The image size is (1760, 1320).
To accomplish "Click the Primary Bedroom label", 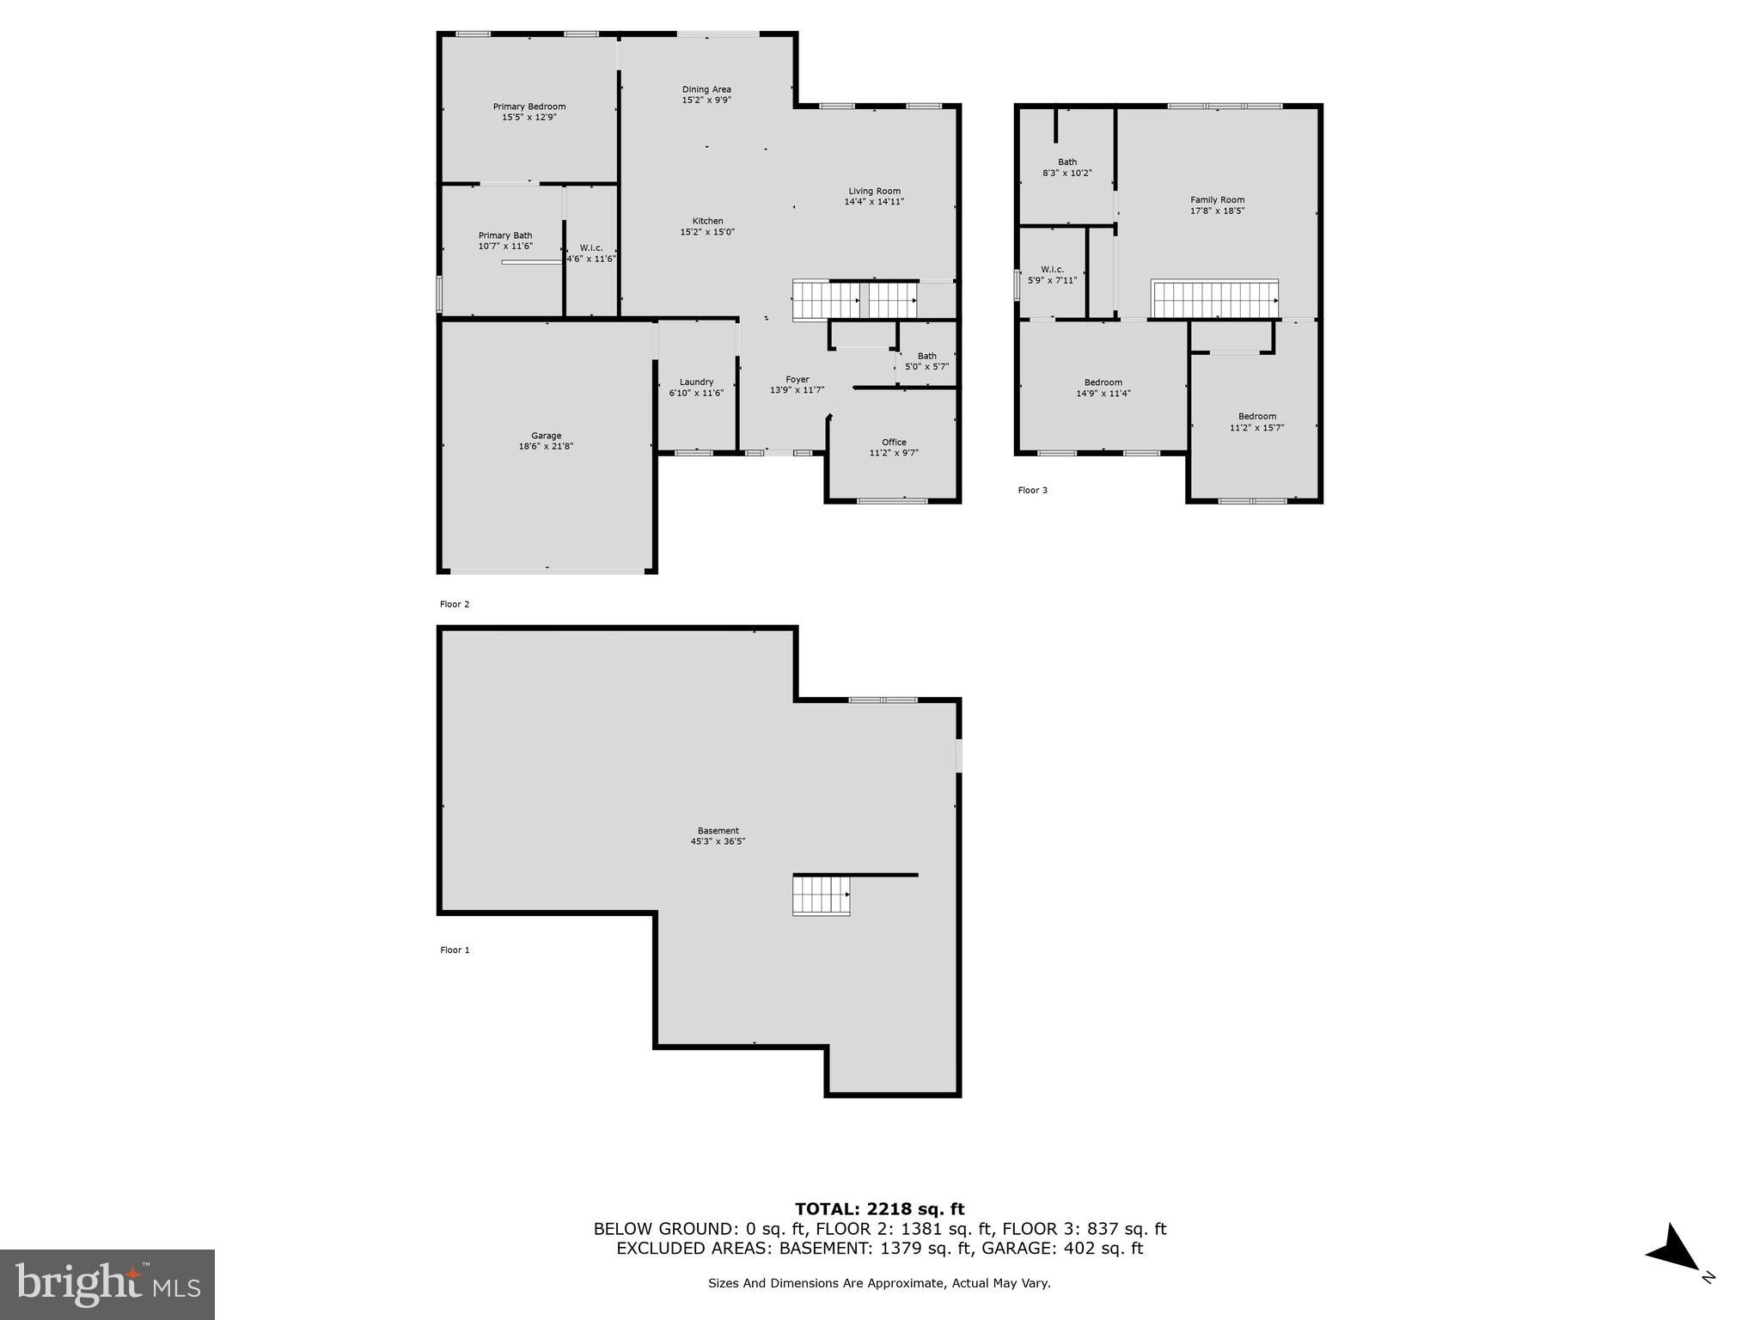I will [x=529, y=107].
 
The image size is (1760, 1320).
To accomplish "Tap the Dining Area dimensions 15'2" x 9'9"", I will [x=706, y=101].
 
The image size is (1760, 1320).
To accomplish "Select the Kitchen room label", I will [x=707, y=221].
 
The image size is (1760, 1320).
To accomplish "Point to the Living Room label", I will [x=874, y=191].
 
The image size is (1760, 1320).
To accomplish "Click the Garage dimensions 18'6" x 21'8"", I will [x=546, y=447].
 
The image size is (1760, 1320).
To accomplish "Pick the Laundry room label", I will [x=696, y=382].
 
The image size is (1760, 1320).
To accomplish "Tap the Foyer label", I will [x=797, y=379].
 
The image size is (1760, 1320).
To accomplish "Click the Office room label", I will [x=894, y=442].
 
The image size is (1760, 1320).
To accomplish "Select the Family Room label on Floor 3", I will [x=1217, y=199].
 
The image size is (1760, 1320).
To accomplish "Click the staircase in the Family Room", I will [x=1214, y=300].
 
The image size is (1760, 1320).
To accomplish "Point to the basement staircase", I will [x=821, y=895].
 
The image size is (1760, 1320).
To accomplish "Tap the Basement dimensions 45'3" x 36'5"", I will [x=718, y=842].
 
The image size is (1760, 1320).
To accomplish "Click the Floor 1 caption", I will [x=455, y=950].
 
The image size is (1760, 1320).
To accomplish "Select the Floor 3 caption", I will [x=1032, y=490].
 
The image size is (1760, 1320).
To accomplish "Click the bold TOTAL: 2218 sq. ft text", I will [x=879, y=1209].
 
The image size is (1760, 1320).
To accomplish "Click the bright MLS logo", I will [x=107, y=1284].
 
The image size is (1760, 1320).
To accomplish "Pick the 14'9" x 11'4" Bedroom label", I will [x=1103, y=382].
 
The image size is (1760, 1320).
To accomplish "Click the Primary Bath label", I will [x=505, y=235].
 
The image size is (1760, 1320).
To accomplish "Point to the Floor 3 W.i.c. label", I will [x=1052, y=269].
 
